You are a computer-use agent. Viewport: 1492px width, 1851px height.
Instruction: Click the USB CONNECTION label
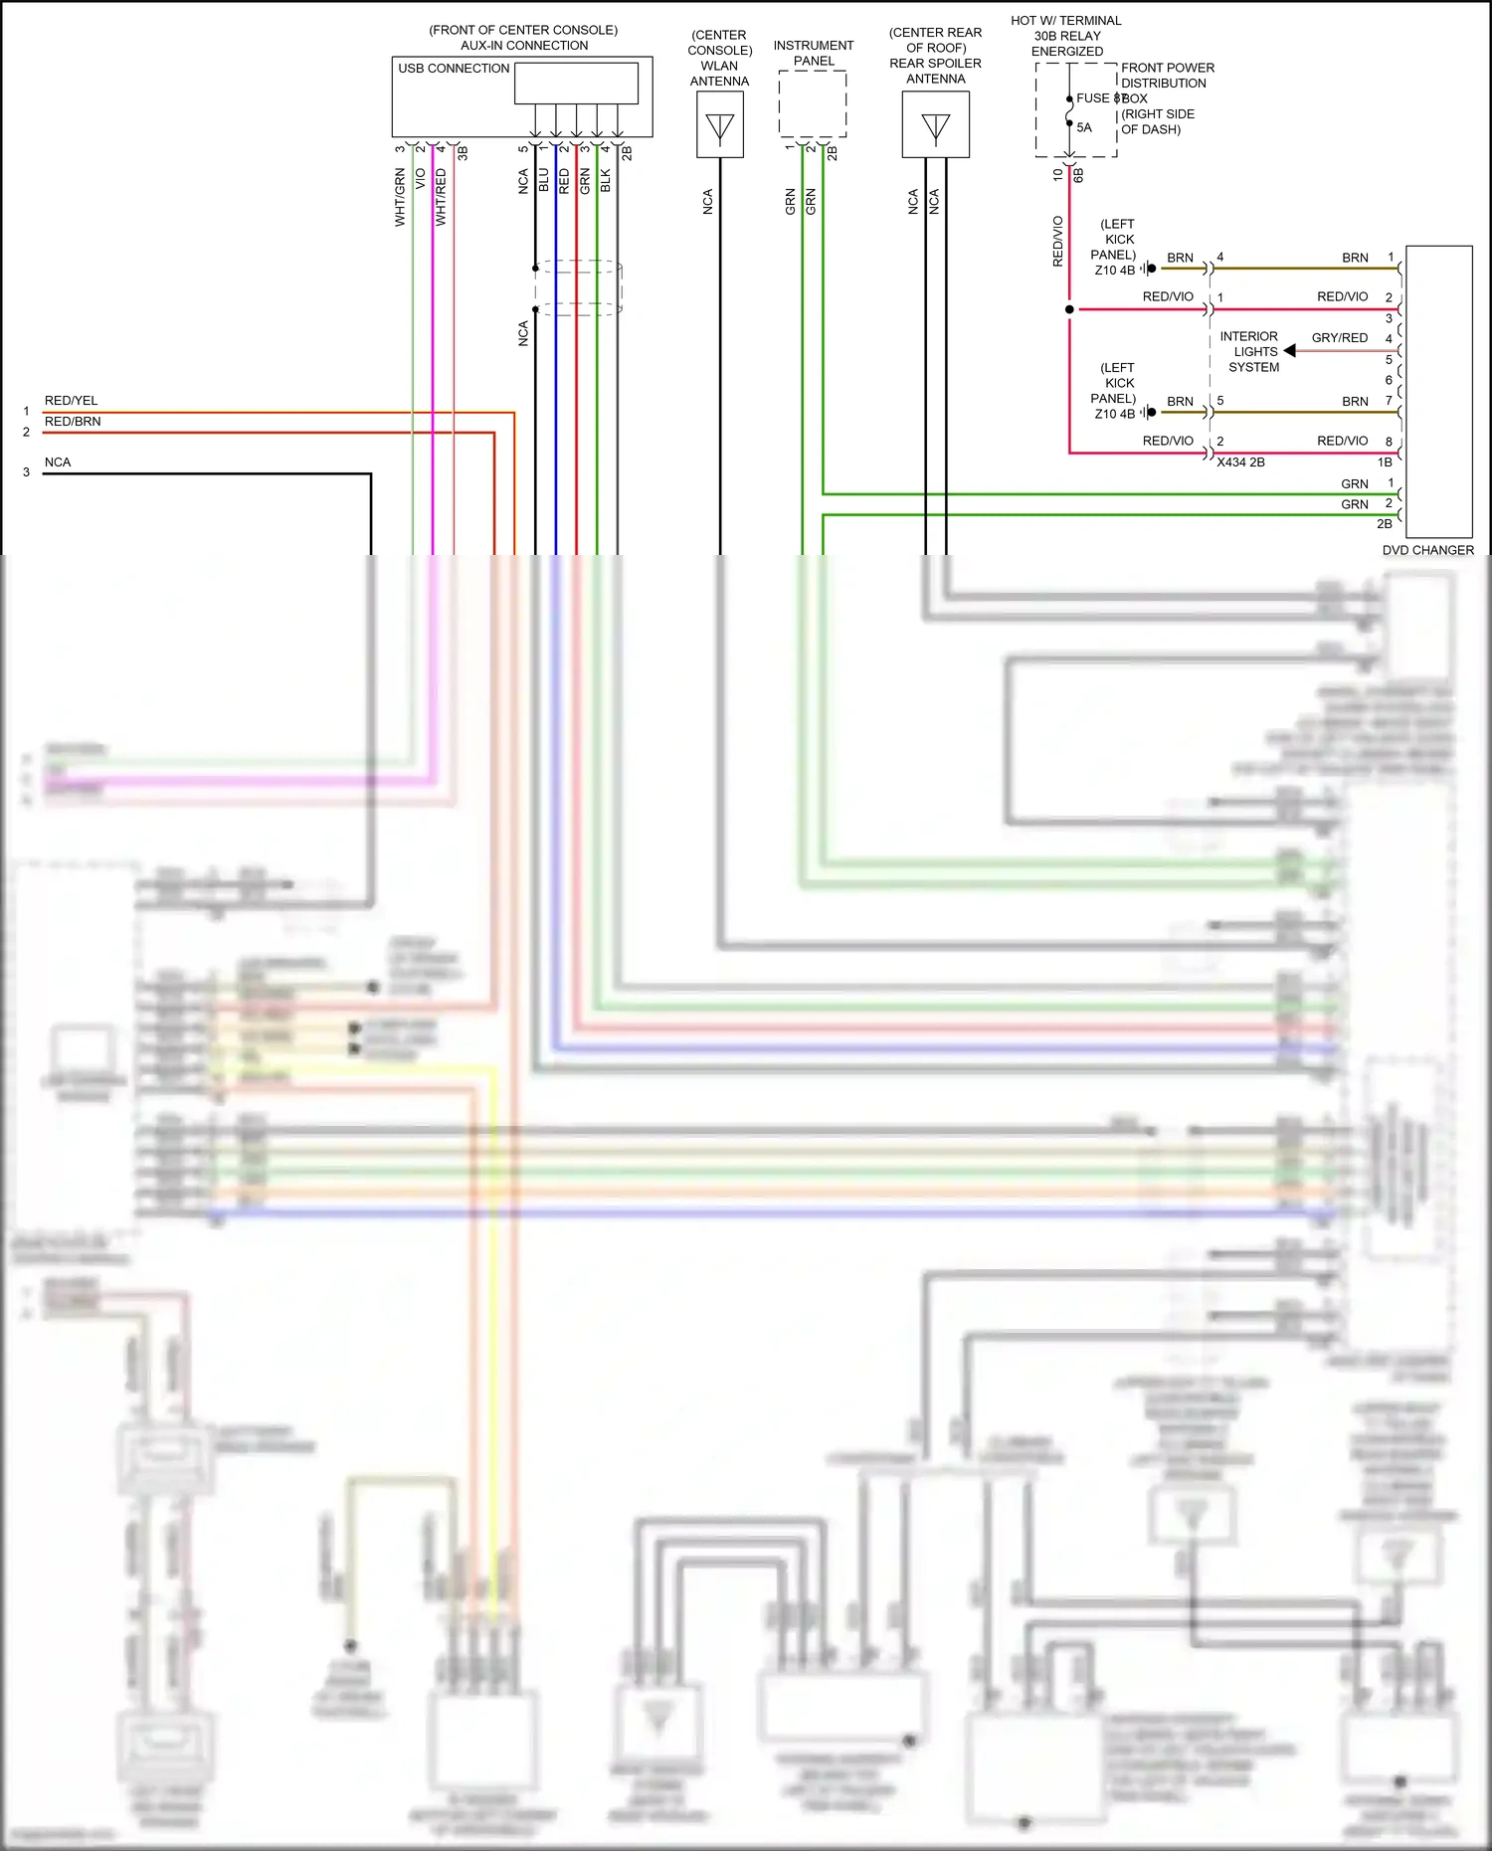(454, 69)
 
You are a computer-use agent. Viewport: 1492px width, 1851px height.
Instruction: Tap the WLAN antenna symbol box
(720, 125)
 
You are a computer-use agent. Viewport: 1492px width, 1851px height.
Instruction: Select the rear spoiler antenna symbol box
(936, 125)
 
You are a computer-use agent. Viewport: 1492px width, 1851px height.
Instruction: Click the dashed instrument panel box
(813, 104)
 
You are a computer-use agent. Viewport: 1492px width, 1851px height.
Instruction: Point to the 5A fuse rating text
(1084, 127)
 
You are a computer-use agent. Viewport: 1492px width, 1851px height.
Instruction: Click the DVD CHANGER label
(1427, 550)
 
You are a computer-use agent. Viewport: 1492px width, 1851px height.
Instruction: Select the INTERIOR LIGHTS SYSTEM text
(1252, 352)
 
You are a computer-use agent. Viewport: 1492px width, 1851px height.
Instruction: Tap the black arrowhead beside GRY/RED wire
(1290, 351)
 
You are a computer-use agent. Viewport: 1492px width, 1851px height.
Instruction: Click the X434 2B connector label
(1240, 463)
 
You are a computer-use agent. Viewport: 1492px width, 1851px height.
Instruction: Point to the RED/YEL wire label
(72, 401)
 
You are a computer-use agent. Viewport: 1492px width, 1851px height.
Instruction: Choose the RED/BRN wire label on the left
(73, 422)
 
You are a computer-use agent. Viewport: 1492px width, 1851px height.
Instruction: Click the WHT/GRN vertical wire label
(400, 197)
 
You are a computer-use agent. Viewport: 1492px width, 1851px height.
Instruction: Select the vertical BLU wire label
(543, 180)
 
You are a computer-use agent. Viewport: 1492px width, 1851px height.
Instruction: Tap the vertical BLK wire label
(606, 180)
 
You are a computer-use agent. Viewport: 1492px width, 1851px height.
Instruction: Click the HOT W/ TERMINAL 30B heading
(1066, 21)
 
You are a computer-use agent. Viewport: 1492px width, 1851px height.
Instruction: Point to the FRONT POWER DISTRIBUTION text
(1167, 76)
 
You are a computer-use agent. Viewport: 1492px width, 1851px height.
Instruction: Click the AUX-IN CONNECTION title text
(524, 46)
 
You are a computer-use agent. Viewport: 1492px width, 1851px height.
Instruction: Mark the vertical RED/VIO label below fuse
(1057, 241)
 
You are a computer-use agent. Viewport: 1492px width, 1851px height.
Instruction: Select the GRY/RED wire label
(1339, 338)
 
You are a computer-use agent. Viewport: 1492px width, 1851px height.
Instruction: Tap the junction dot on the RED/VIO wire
(1069, 309)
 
